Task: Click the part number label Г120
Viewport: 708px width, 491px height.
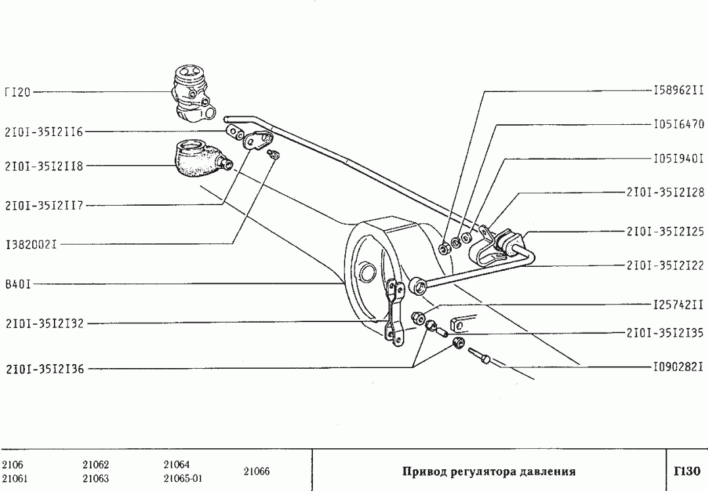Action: [17, 93]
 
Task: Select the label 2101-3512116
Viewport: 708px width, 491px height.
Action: [43, 131]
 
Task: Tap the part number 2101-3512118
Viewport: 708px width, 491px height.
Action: [43, 166]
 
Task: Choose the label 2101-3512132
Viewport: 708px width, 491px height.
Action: [43, 323]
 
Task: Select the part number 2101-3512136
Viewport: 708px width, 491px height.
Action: [43, 369]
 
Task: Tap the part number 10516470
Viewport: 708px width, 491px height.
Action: [678, 124]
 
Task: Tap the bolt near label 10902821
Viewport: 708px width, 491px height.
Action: [481, 357]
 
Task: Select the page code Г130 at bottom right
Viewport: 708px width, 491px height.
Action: [686, 471]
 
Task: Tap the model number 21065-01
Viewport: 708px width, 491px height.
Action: [182, 478]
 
